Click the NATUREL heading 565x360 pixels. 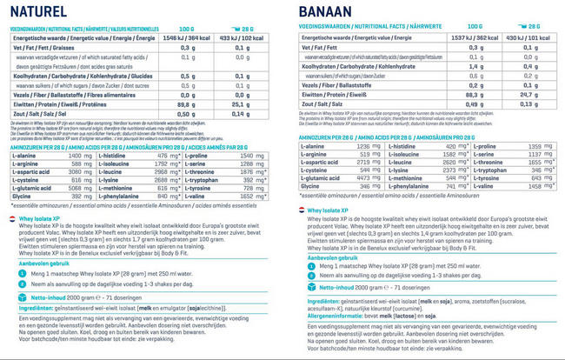(x=34, y=12)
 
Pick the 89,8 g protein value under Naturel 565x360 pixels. (x=184, y=103)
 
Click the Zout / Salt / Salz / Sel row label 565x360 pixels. (x=39, y=113)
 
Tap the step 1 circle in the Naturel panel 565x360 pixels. (x=13, y=272)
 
